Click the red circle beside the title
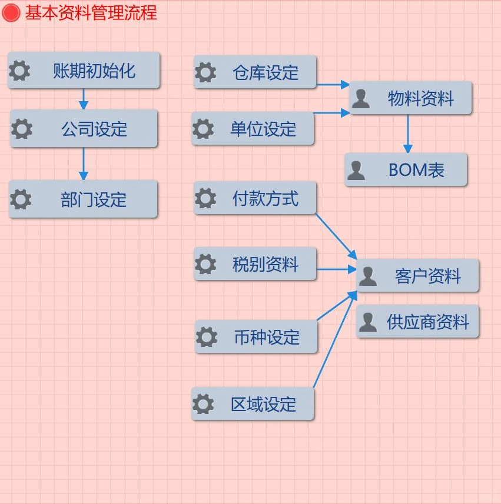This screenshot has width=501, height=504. tap(11, 12)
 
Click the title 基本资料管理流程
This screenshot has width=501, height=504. tap(91, 12)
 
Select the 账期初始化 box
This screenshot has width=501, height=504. tap(84, 71)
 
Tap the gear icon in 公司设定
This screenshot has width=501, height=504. tap(22, 128)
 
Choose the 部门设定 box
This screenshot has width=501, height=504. tap(84, 199)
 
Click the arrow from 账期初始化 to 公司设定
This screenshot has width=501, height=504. tap(83, 99)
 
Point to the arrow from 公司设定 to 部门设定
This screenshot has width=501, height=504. tap(83, 163)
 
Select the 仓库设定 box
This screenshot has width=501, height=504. tap(255, 72)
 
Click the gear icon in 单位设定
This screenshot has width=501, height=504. tap(203, 128)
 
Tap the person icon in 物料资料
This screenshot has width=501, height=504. tap(360, 98)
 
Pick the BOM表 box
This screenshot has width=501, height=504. tap(406, 170)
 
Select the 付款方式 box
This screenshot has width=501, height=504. tap(255, 198)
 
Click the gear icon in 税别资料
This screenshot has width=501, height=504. tap(205, 264)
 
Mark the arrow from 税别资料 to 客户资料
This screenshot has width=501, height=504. tap(336, 270)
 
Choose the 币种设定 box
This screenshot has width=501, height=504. tap(256, 336)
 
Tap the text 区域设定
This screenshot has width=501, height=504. tap(263, 404)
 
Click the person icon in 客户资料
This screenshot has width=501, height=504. tap(368, 276)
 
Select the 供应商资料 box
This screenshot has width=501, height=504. tap(417, 322)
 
